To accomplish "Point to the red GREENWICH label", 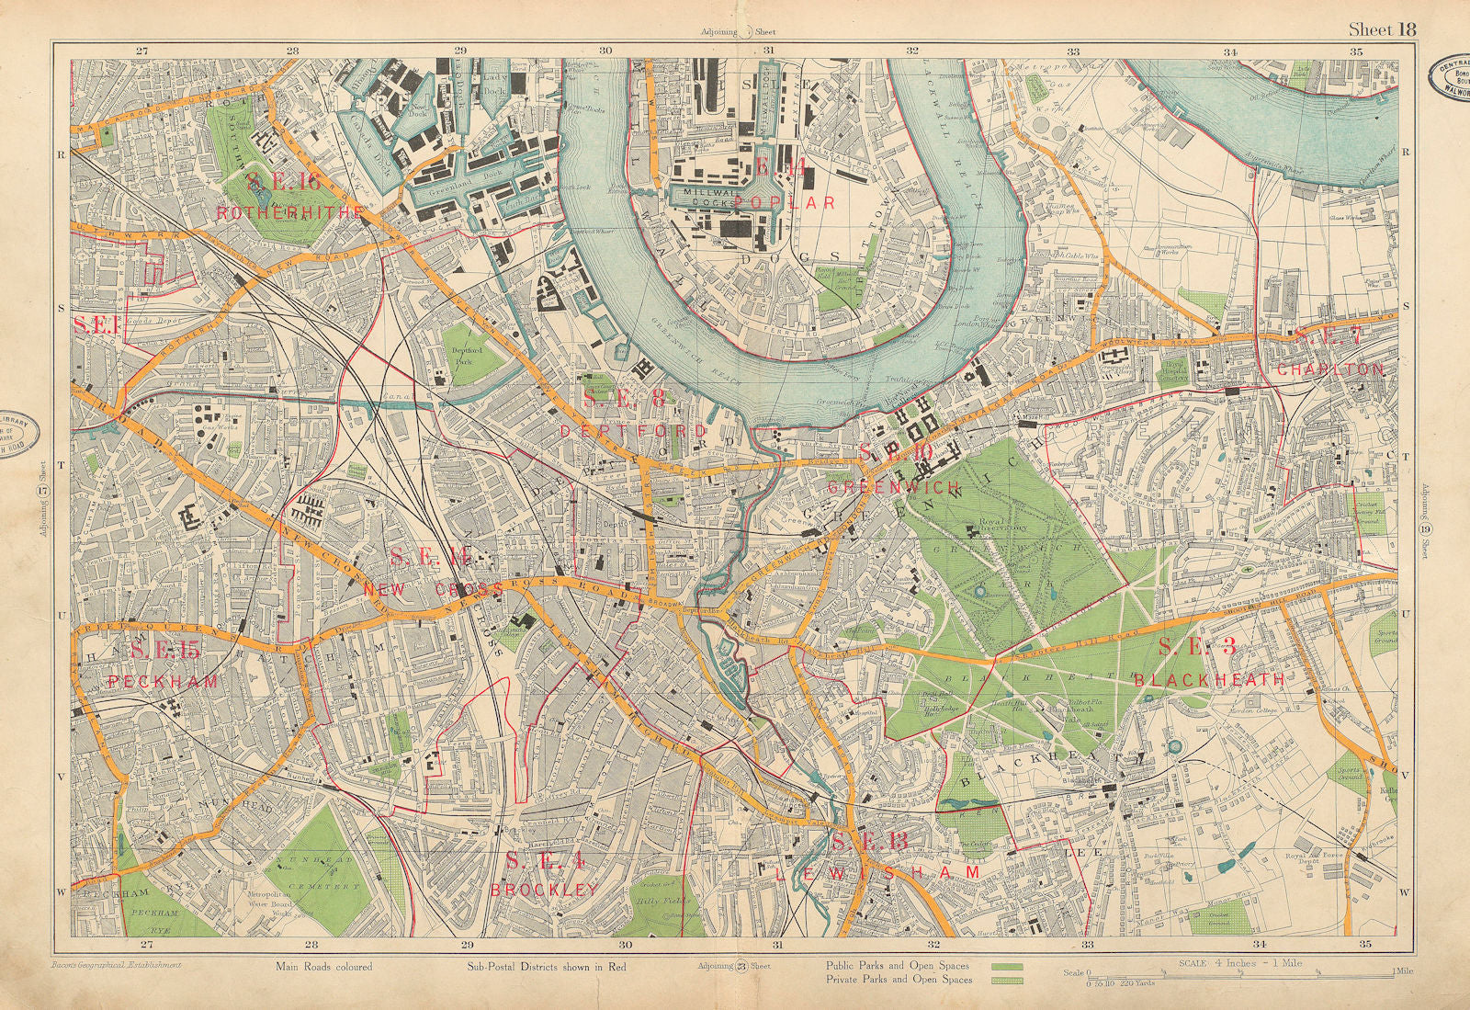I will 881,487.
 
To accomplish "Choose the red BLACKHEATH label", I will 1209,680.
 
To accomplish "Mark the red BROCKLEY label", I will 545,890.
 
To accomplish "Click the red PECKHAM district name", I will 163,681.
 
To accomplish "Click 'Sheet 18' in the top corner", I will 1382,28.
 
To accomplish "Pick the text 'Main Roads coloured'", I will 323,967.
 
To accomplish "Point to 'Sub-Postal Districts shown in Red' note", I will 535,967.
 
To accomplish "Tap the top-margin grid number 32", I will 912,51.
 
